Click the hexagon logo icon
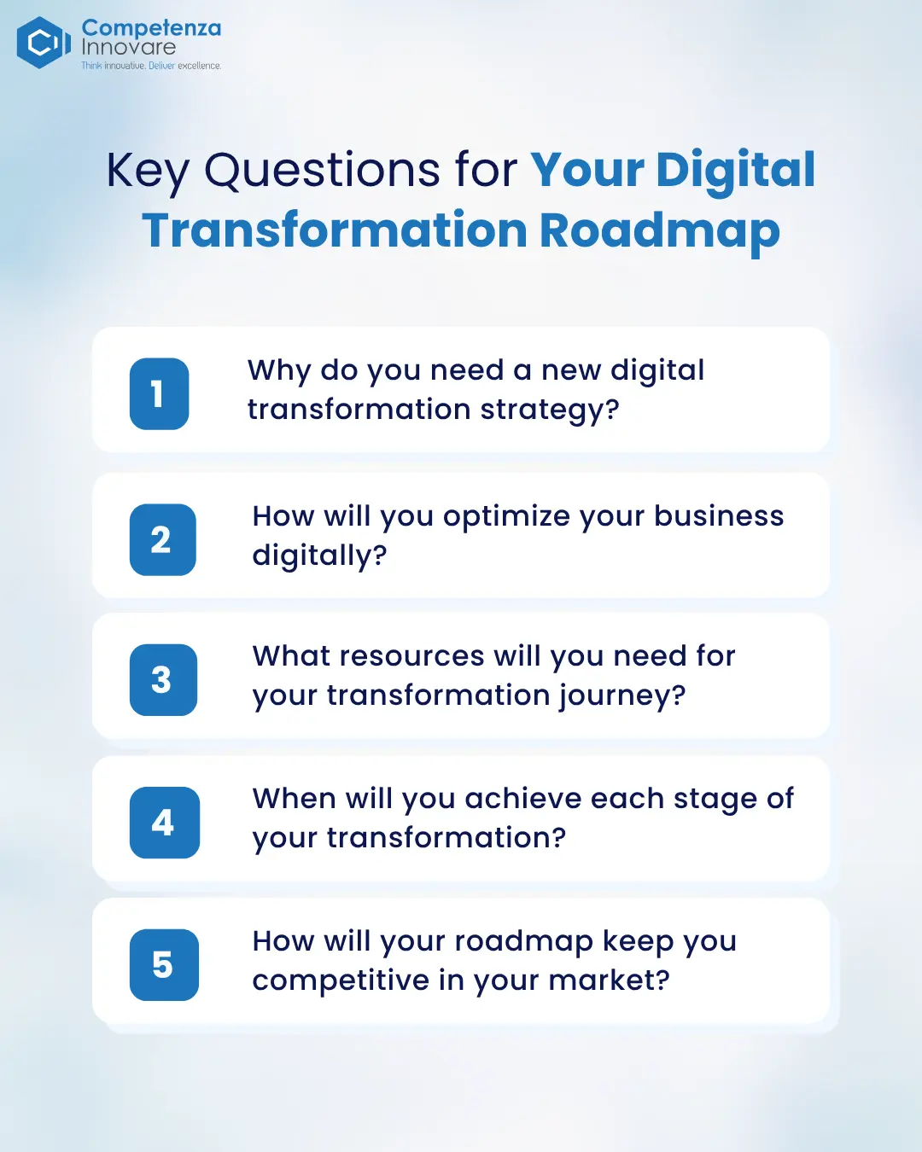pos(44,43)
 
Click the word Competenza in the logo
pos(151,28)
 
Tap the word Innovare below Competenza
pos(129,47)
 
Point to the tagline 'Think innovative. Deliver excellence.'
pos(151,66)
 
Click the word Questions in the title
pos(322,171)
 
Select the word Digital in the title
pos(735,172)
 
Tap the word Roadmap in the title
pos(660,232)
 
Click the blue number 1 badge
pos(159,393)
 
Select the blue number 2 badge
pos(163,539)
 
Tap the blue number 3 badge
pos(163,680)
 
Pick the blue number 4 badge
pos(165,823)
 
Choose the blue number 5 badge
pos(164,965)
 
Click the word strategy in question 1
pos(550,411)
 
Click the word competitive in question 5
pos(341,980)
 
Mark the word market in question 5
pos(610,980)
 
